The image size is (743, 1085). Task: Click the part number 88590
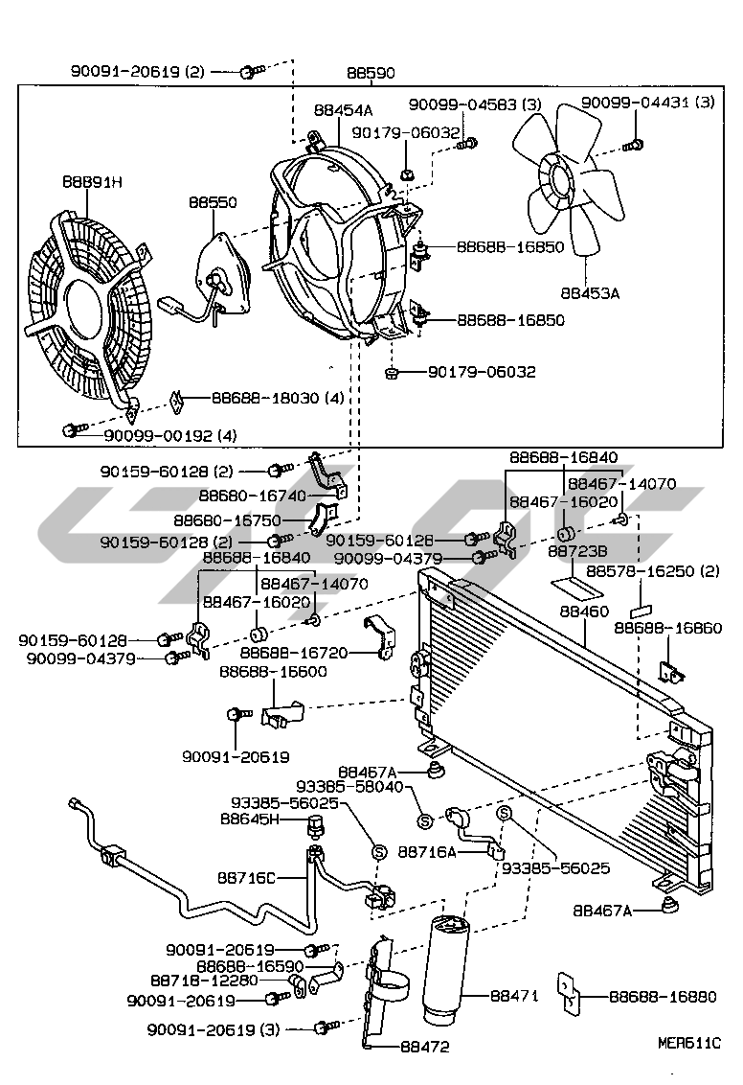pos(371,73)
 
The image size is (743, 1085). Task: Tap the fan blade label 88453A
pos(589,291)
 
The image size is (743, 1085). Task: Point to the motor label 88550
pos(213,203)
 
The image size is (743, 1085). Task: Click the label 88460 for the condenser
pos(584,610)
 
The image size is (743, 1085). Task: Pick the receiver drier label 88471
pos(515,996)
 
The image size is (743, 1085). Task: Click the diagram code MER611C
pos(687,1043)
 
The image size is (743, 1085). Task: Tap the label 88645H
pos(249,819)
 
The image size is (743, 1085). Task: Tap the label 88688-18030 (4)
pos(264,398)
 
